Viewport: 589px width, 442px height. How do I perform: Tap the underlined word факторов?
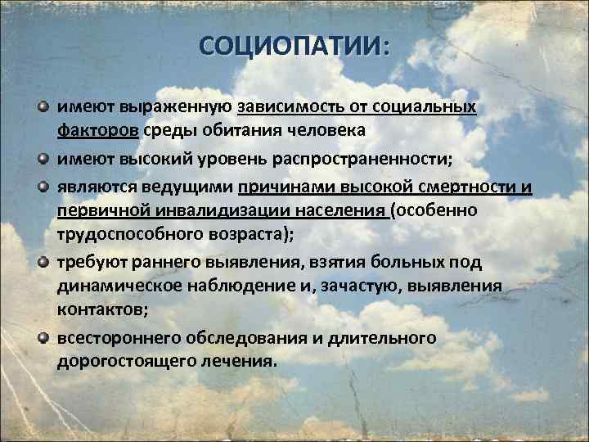click(98, 133)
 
